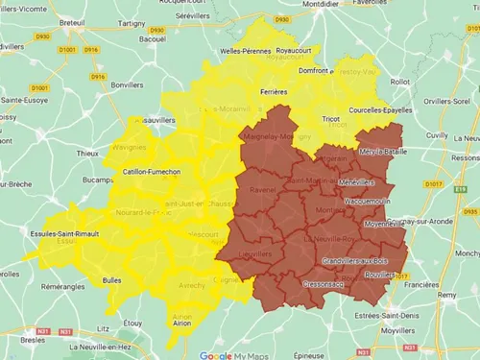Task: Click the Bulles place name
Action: coord(111,280)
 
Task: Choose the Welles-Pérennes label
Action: coord(218,50)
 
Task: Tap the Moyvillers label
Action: coord(403,329)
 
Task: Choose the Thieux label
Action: coord(87,153)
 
